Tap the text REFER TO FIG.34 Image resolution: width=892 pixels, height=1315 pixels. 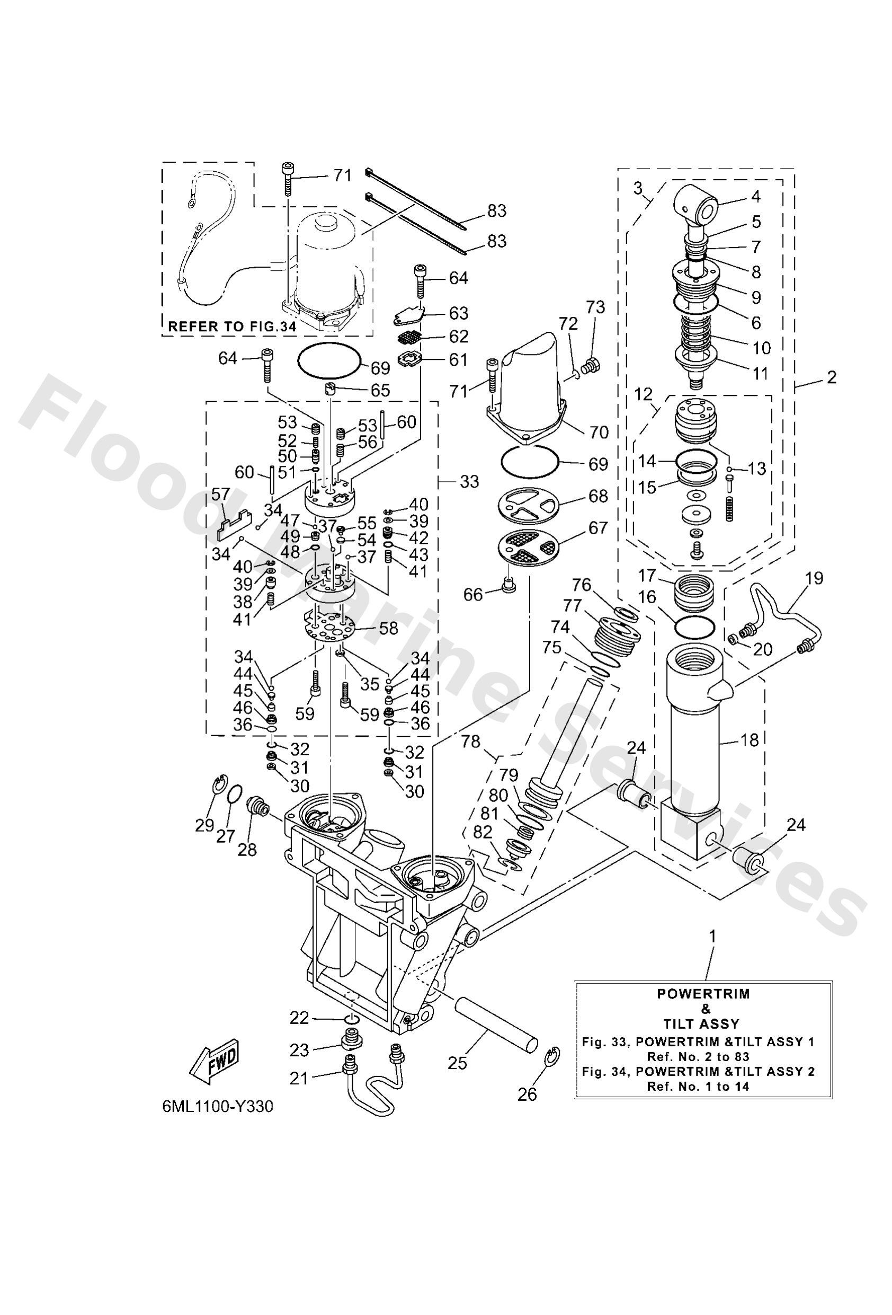pyautogui.click(x=232, y=326)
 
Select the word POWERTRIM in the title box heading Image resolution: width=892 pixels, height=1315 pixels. pyautogui.click(x=703, y=994)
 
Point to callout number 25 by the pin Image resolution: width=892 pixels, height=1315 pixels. pyautogui.click(x=457, y=1063)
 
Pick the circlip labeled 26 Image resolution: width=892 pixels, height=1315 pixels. pyautogui.click(x=552, y=1056)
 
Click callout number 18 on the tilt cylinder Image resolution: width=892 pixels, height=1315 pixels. pyautogui.click(x=749, y=739)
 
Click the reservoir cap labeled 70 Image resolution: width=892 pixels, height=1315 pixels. pyautogui.click(x=529, y=391)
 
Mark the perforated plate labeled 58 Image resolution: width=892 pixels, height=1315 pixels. pyautogui.click(x=328, y=626)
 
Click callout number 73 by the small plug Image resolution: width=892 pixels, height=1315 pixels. pyautogui.click(x=595, y=307)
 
